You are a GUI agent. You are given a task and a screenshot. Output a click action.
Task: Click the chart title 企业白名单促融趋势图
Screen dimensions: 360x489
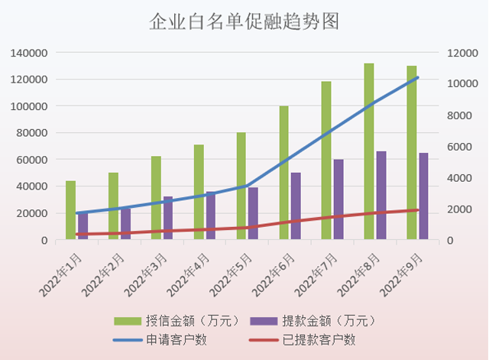pyautogui.click(x=244, y=21)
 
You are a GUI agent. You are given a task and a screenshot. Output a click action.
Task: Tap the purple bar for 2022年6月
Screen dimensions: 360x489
pyautogui.click(x=296, y=206)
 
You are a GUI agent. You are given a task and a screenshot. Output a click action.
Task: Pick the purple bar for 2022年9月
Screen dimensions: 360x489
pyautogui.click(x=423, y=196)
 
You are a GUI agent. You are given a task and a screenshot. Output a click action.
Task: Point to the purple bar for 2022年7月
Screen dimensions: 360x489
pyautogui.click(x=338, y=199)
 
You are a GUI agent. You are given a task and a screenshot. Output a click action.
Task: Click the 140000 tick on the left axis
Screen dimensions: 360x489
pyautogui.click(x=30, y=53)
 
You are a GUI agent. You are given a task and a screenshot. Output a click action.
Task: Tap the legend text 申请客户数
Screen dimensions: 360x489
pyautogui.click(x=176, y=339)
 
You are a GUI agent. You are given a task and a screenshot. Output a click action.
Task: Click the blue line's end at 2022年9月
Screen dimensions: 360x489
pyautogui.click(x=417, y=78)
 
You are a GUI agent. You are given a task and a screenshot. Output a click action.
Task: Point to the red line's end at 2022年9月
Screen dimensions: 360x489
pyautogui.click(x=417, y=210)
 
